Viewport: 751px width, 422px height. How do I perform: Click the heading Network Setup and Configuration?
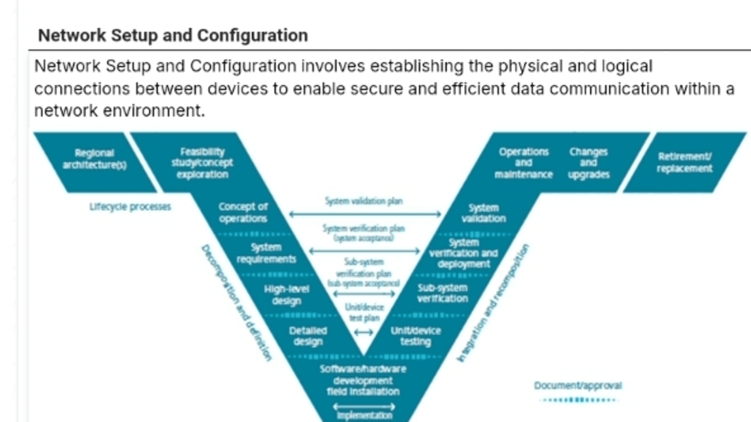(x=173, y=36)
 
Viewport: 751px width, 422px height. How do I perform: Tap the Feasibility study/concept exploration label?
(x=202, y=163)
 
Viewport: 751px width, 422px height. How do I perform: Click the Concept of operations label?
(x=243, y=213)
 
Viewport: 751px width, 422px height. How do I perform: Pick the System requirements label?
(x=267, y=253)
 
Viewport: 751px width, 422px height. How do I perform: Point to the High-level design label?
(x=286, y=295)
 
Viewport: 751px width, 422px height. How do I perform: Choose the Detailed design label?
(x=308, y=336)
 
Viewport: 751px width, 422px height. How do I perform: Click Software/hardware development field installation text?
(x=363, y=380)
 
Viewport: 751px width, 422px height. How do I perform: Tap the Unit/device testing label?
(x=416, y=336)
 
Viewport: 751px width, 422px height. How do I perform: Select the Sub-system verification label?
(x=443, y=293)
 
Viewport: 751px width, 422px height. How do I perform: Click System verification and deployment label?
(x=463, y=253)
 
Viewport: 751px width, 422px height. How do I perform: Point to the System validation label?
(x=484, y=213)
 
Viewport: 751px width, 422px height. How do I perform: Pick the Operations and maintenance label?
(x=523, y=163)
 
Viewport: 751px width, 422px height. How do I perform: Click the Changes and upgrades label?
(x=588, y=163)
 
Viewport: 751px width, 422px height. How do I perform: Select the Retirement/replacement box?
(x=684, y=163)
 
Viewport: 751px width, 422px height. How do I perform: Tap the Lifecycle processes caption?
(x=130, y=207)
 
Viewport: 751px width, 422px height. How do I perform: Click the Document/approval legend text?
(x=578, y=386)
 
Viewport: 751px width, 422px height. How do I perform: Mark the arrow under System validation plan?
(x=365, y=214)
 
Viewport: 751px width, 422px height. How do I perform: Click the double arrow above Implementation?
(x=365, y=407)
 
